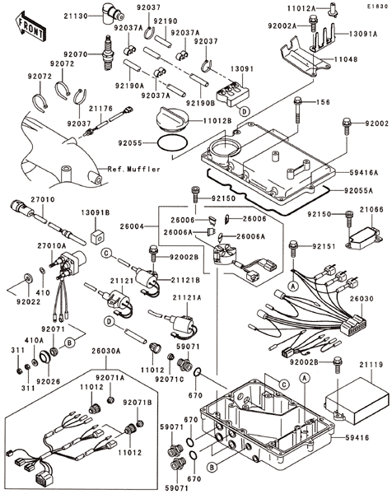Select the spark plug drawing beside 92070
pos(108,53)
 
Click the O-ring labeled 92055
pos(172,143)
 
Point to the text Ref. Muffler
pos(133,169)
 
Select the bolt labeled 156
pos(298,110)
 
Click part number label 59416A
pos(364,173)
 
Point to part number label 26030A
pos(106,351)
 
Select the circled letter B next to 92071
pos(70,343)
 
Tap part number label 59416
pos(357,438)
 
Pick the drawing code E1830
pos(377,6)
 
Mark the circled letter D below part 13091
pos(245,111)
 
